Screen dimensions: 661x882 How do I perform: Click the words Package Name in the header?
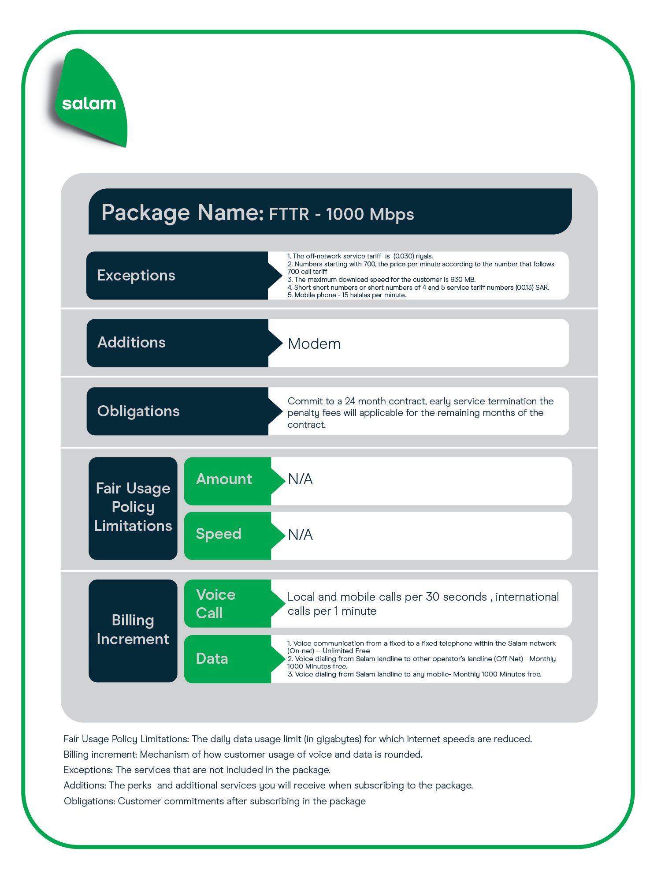[x=182, y=213]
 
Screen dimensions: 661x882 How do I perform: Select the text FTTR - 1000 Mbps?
[x=342, y=214]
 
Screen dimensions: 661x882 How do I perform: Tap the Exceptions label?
[x=136, y=275]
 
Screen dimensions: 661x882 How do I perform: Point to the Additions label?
[x=131, y=342]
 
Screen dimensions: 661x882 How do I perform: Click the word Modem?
[x=314, y=344]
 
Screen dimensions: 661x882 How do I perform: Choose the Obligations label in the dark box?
[x=138, y=411]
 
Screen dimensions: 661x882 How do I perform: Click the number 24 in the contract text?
[x=350, y=401]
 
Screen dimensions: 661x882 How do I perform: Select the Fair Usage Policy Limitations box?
[x=133, y=508]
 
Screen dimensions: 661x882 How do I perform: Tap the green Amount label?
[x=224, y=479]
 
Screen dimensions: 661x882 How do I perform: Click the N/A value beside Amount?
[x=300, y=479]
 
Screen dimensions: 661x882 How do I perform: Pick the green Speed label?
[x=219, y=534]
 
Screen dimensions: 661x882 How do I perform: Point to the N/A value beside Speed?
[x=300, y=534]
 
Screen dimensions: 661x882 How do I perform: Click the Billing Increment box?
[x=133, y=631]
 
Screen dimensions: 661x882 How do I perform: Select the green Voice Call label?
[x=216, y=604]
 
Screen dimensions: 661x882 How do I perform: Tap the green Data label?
[x=212, y=659]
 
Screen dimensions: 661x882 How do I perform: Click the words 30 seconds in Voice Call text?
[x=456, y=597]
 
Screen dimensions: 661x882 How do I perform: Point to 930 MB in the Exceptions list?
[x=462, y=280]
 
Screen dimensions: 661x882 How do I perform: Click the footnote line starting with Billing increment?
[x=243, y=755]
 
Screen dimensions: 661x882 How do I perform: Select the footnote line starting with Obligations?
[x=215, y=801]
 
